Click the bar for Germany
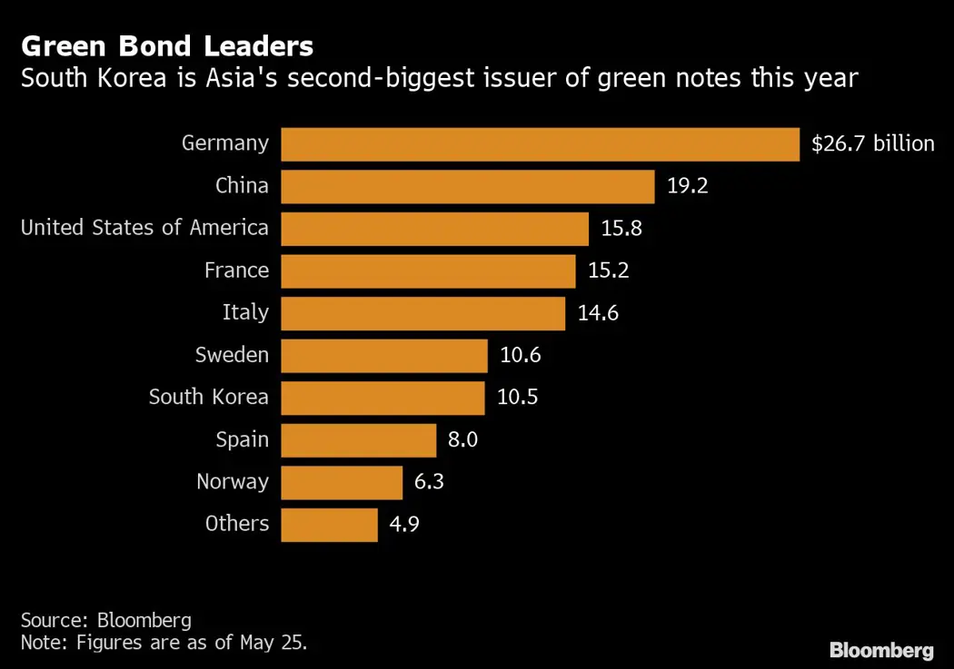540,143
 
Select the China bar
468,186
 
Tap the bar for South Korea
383,398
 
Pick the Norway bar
342,482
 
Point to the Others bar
329,524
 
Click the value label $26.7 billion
872,143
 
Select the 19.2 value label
687,186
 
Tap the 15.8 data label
621,228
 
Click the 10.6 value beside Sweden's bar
521,355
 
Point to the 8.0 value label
462,440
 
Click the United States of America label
144,227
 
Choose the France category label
236,270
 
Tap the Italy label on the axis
245,312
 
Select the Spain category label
242,439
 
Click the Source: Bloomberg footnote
106,620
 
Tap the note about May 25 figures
164,643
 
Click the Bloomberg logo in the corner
881,650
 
